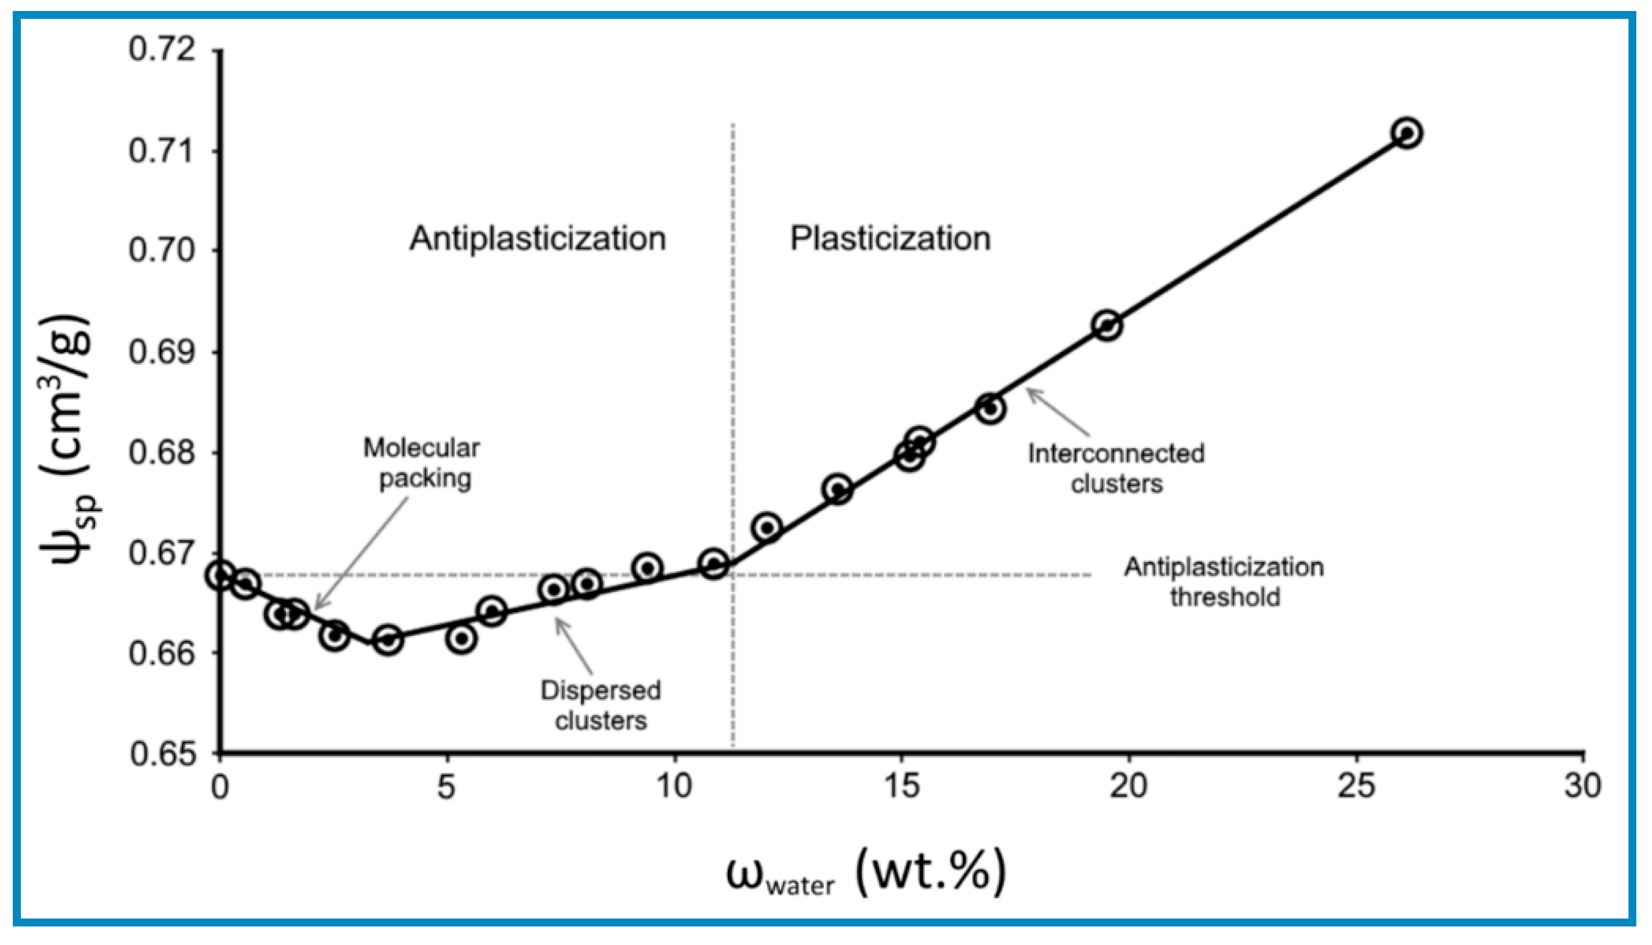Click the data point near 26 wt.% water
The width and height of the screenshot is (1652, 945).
coord(1407,133)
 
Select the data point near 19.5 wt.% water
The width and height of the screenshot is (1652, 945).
coord(1108,325)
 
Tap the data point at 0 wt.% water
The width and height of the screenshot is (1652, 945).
coord(220,575)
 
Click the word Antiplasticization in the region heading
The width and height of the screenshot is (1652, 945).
coord(538,238)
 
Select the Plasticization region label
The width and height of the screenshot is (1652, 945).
coord(890,238)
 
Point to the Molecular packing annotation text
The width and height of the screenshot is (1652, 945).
coord(423,463)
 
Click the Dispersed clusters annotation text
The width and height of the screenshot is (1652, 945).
coord(600,705)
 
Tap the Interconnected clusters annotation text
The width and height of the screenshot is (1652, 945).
coord(1116,468)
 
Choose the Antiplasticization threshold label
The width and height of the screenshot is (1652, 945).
coord(1224,581)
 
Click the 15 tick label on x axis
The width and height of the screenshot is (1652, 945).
coord(902,787)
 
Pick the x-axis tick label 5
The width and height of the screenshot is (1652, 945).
coord(446,787)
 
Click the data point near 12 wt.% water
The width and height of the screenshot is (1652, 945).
coord(767,527)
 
